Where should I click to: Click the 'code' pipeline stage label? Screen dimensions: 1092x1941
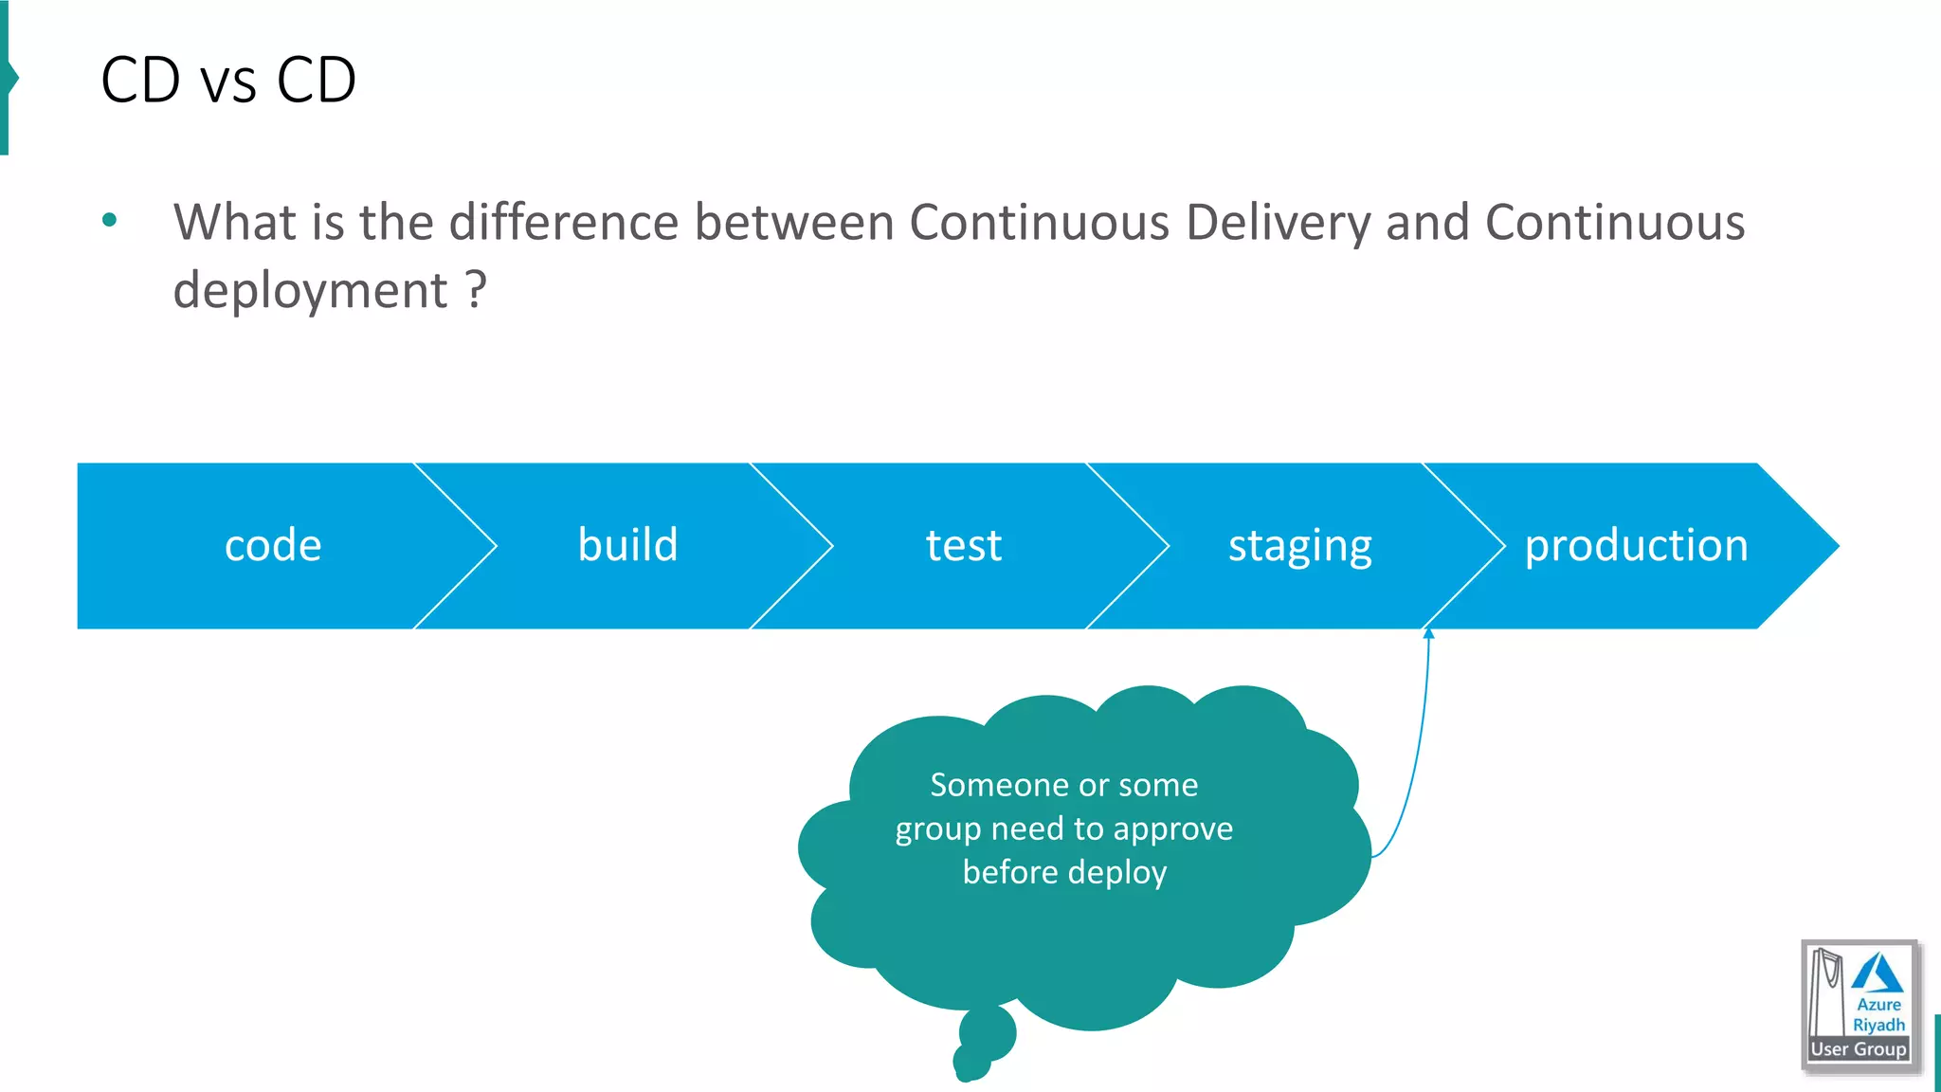[x=273, y=546]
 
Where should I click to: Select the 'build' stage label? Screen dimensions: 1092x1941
[x=627, y=545]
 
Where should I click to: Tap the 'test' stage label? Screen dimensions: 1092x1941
[x=963, y=546]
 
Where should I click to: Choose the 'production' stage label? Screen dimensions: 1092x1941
[x=1636, y=546]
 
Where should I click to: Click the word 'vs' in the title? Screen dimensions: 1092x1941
[x=228, y=82]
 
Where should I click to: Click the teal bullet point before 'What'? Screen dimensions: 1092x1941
[x=110, y=221]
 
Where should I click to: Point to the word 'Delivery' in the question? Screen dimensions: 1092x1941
[x=1278, y=224]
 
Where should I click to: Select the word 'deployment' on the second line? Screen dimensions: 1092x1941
[x=310, y=291]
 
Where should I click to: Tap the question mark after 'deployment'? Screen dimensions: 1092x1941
[x=476, y=289]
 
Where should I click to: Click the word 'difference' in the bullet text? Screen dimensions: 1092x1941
[x=564, y=223]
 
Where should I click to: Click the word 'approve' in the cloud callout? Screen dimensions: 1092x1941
[x=1172, y=829]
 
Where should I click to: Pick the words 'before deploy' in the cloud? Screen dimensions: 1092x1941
[x=1064, y=872]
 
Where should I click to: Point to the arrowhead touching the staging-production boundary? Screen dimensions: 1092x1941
[x=1428, y=633]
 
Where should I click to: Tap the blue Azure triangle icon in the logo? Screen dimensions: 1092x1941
[x=1877, y=974]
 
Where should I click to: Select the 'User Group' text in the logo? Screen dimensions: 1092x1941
[x=1858, y=1049]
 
